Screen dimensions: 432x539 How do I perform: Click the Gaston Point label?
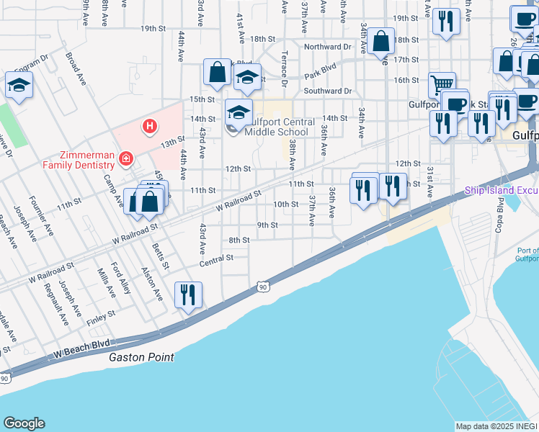tap(141, 357)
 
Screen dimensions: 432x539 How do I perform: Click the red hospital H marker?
tap(150, 127)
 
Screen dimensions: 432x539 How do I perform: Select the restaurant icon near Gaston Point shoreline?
tap(188, 295)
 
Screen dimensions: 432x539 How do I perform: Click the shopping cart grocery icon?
tap(442, 85)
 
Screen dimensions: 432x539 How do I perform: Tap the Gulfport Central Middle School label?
tap(279, 127)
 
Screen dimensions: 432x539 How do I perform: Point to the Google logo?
tap(24, 423)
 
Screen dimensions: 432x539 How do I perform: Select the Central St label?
tap(220, 257)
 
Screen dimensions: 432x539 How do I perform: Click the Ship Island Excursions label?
tap(501, 191)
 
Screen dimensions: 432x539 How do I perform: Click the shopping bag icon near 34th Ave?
tap(381, 42)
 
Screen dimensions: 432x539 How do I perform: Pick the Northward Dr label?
tap(327, 46)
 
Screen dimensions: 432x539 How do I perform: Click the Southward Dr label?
tap(327, 91)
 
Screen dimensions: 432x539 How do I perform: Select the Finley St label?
tap(101, 315)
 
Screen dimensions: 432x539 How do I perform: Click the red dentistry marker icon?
tap(126, 158)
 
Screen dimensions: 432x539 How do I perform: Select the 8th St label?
tap(239, 240)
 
